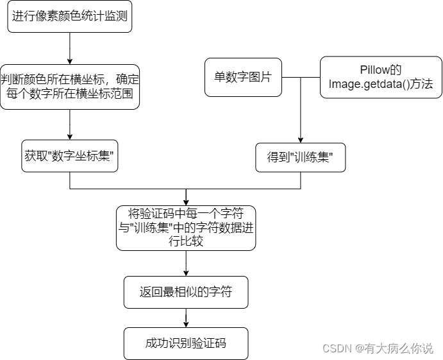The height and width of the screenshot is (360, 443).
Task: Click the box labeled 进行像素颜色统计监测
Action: point(69,17)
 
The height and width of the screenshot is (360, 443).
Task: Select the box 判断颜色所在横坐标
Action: point(69,87)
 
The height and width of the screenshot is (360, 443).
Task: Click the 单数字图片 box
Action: point(243,78)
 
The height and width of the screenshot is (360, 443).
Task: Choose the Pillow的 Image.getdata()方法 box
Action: point(381,78)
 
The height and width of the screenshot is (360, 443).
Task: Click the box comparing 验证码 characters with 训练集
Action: point(186,228)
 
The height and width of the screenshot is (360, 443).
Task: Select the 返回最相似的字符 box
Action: point(186,293)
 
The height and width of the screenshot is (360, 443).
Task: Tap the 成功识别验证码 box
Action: point(186,343)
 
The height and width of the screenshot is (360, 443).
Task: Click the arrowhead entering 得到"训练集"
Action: point(300,139)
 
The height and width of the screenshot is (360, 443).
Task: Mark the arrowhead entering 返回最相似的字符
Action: point(186,274)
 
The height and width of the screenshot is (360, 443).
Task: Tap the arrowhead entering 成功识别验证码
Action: point(186,324)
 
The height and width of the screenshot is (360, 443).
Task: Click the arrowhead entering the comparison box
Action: point(186,202)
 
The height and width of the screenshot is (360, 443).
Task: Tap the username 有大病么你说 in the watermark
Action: point(399,348)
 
